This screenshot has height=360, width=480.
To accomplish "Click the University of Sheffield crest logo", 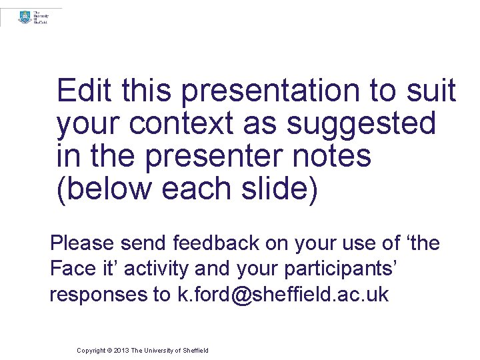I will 25,17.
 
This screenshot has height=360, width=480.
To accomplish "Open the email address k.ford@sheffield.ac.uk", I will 282,295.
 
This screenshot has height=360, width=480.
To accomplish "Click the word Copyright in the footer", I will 91,350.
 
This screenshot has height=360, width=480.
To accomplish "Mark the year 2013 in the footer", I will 121,350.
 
